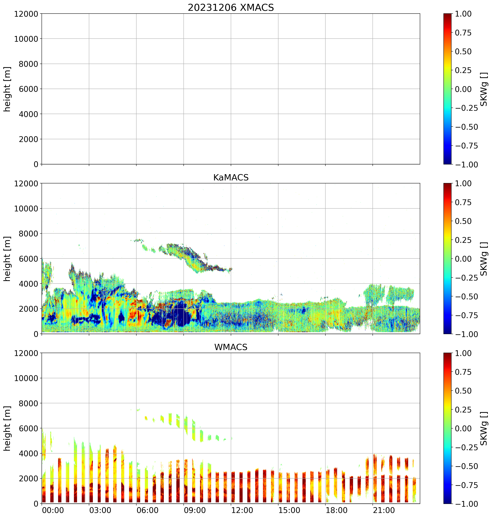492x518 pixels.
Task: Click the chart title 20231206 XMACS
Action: [231, 8]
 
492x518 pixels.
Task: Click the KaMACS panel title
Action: [231, 177]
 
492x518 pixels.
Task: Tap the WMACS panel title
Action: [231, 347]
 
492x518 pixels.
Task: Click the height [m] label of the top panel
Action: [7, 89]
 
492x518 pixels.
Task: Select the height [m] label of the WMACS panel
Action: [7, 428]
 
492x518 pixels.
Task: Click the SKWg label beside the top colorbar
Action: [484, 89]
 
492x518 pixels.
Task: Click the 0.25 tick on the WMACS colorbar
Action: [463, 410]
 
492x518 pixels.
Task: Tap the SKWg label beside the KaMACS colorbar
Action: [484, 259]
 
